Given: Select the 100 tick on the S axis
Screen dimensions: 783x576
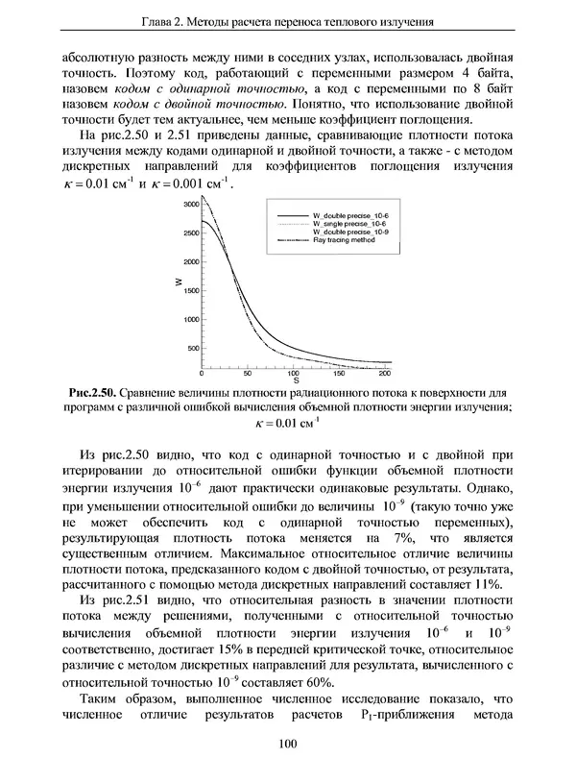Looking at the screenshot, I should coord(294,374).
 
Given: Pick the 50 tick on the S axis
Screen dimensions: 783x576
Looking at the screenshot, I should coord(247,374).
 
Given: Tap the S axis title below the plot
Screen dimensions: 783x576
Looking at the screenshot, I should coord(295,381).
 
